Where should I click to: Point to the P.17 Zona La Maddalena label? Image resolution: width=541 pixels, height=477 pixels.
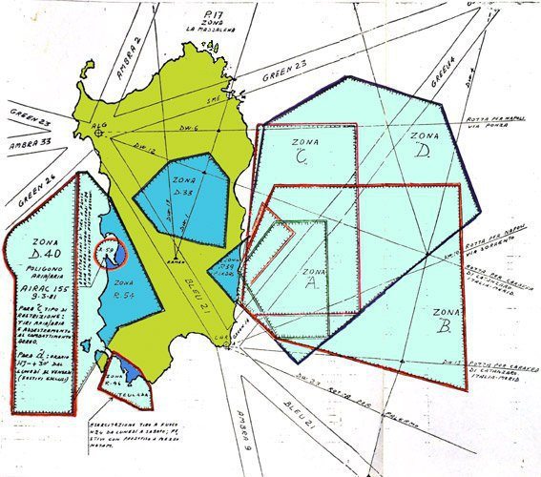pos(199,19)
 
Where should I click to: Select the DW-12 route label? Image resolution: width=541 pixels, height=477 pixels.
pos(144,149)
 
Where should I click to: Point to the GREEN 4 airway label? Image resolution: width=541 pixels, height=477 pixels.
pos(439,72)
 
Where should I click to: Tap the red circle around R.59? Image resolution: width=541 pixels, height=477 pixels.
pos(112,253)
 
